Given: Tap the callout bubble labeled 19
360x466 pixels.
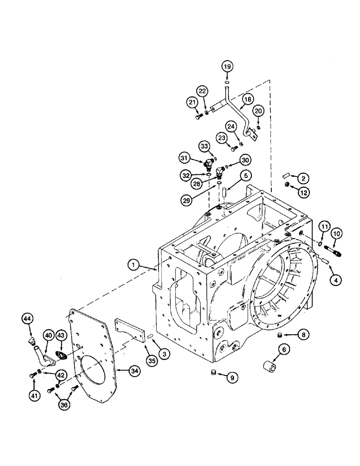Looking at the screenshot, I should [227, 67].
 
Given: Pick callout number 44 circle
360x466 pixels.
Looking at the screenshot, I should [28, 319].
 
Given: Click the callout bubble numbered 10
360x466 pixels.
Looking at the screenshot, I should [337, 233].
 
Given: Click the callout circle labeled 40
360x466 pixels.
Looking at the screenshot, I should [49, 335].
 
